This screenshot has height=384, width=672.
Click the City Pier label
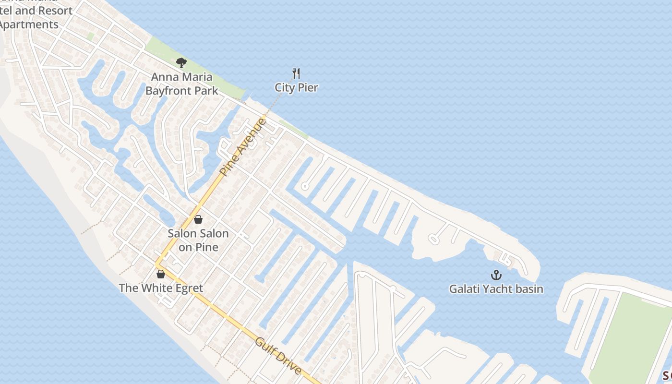296,87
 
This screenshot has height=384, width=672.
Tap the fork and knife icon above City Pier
296,73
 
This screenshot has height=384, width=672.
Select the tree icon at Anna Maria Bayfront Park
181,62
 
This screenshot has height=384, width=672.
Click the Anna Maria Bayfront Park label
181,84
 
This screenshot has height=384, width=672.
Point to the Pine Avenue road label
243,146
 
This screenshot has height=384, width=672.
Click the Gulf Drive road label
278,356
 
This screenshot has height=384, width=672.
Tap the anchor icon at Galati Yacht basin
496,275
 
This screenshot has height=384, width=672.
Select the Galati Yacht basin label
496,289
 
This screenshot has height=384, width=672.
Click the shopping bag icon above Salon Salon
198,219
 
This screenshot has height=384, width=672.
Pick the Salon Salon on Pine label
198,240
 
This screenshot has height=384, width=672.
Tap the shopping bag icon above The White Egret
161,274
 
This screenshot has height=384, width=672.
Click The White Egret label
161,288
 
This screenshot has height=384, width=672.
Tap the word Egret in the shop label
188,288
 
